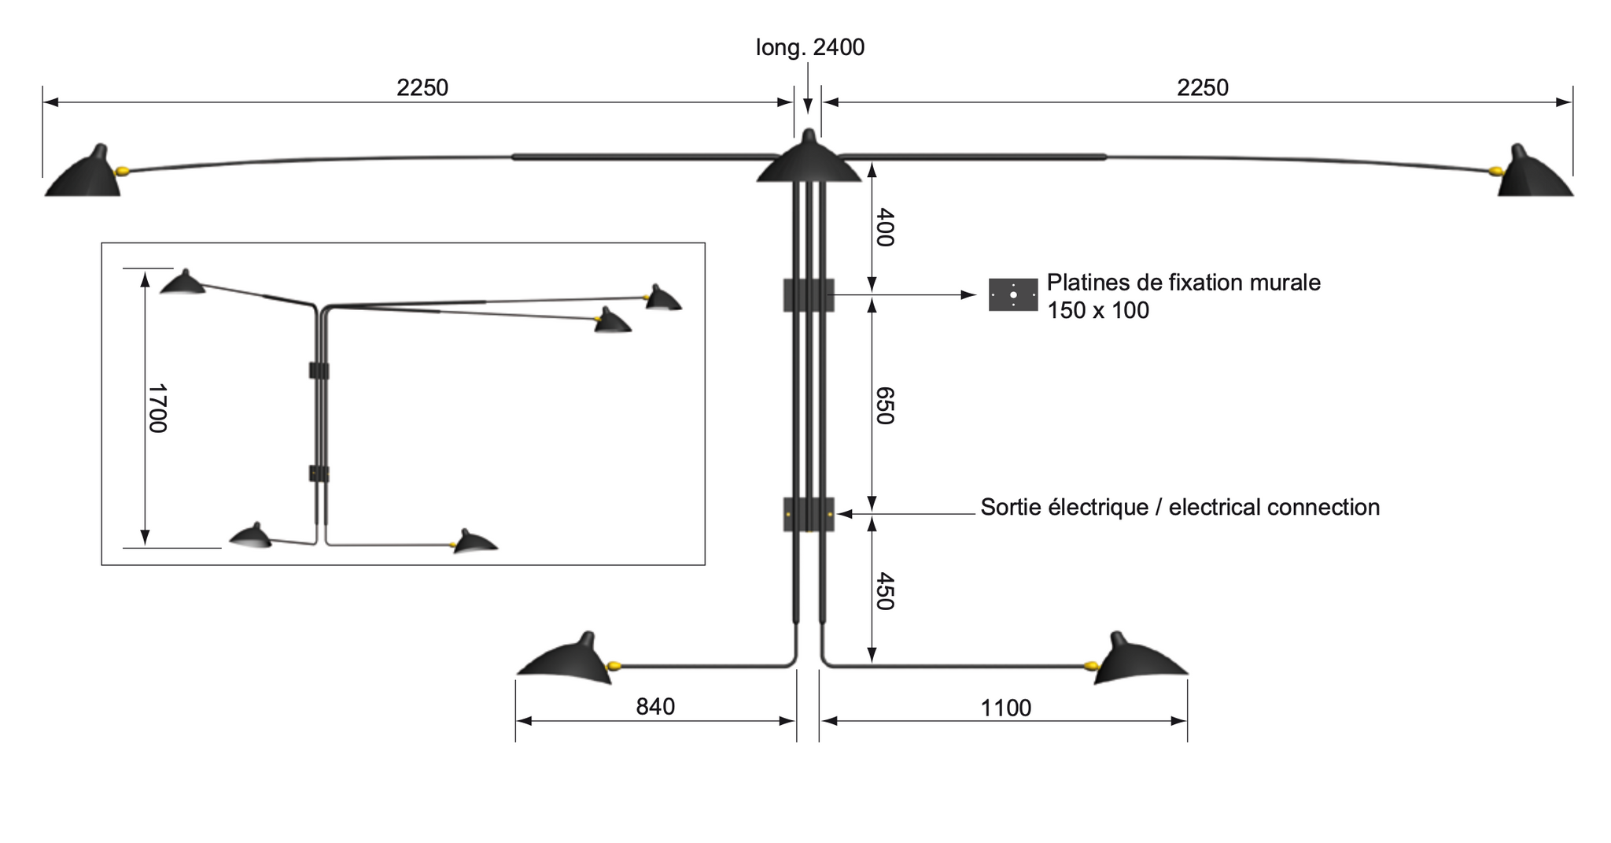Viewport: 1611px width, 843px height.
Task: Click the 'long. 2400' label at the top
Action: (809, 48)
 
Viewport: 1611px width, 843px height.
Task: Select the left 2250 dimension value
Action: (422, 87)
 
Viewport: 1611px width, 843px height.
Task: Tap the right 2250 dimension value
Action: (1202, 87)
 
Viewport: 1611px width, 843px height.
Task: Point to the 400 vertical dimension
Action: (885, 227)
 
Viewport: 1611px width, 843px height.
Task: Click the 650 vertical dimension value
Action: (885, 405)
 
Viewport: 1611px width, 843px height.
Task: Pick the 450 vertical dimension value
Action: (885, 592)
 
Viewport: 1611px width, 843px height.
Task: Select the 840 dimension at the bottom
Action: (655, 707)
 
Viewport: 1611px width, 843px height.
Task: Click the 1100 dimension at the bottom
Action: (1005, 708)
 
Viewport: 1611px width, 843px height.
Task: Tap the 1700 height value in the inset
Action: (158, 408)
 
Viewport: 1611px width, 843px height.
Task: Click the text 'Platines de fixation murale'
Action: (1183, 283)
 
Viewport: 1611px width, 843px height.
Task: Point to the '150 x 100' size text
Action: (1098, 311)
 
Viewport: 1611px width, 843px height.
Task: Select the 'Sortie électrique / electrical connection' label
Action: (1180, 508)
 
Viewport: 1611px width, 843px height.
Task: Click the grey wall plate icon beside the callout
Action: (1013, 295)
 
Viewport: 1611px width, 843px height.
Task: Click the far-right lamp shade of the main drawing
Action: (1534, 177)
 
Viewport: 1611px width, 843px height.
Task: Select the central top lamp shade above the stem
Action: (809, 162)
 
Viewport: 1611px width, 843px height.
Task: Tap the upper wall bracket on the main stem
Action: (809, 295)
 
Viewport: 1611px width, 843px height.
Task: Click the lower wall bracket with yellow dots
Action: (809, 514)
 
